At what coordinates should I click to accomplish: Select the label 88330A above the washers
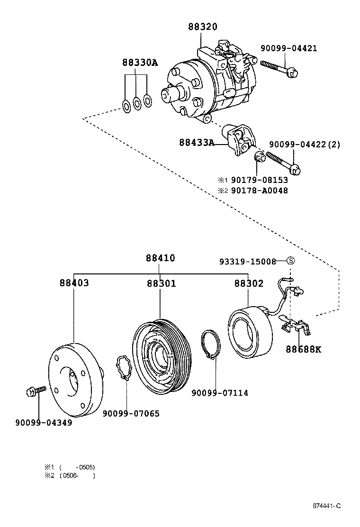coord(139,63)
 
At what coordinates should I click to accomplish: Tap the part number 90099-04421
coord(288,48)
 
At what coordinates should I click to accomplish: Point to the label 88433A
coord(197,142)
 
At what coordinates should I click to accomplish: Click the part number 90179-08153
coord(259,180)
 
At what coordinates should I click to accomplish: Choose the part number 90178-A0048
coord(259,191)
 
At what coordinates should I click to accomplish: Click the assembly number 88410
coord(160,258)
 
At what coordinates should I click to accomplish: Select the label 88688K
coord(303,350)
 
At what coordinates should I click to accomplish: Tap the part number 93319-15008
coord(247,261)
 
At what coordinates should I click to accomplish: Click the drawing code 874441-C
coord(326,506)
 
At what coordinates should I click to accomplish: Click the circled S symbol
coord(291,261)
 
